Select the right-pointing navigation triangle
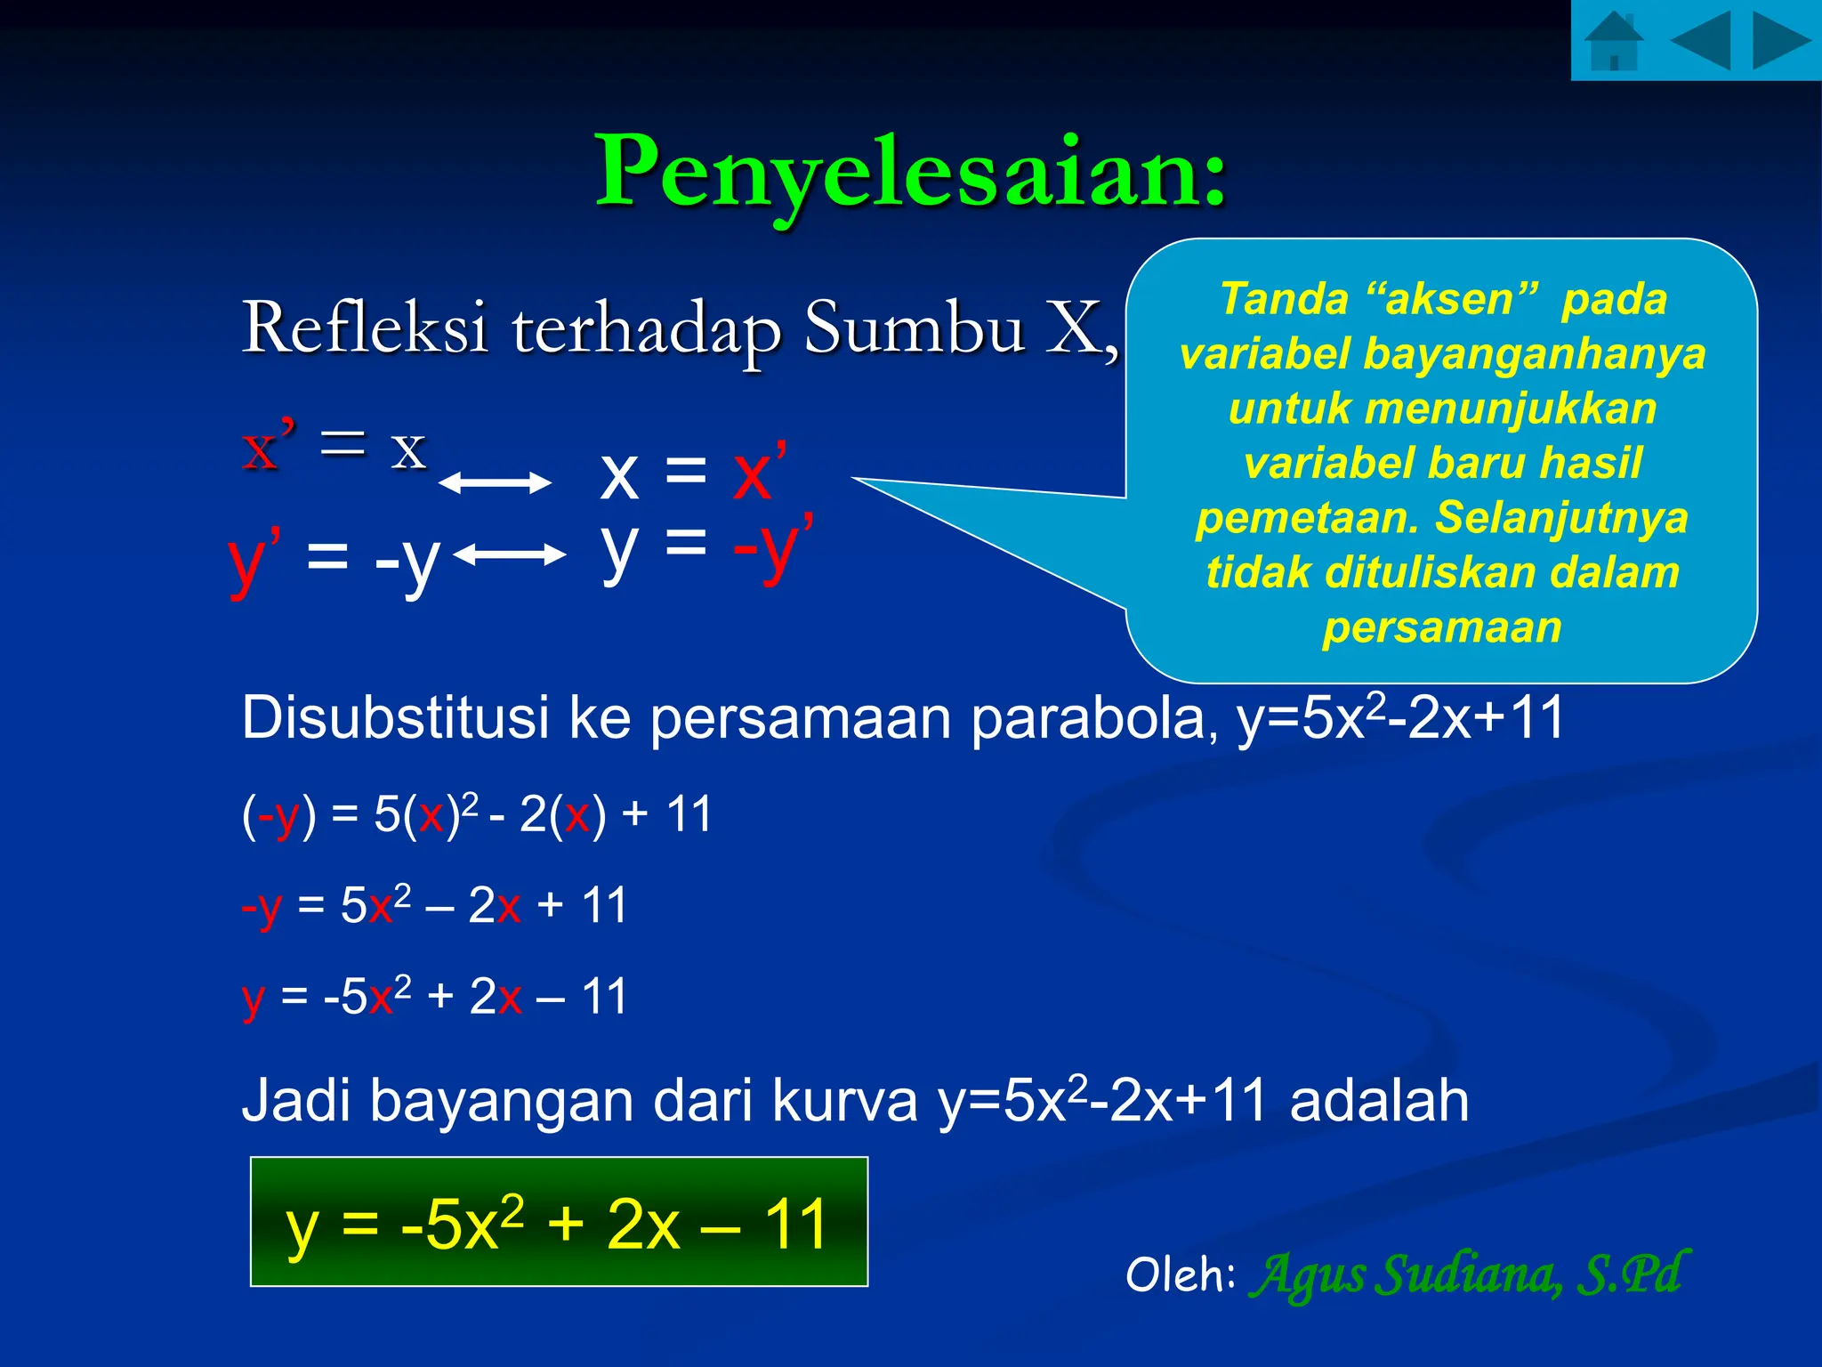click(1780, 41)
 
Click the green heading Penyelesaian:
click(911, 171)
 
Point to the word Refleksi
click(365, 328)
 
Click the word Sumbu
click(915, 328)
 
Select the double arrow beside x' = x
click(495, 483)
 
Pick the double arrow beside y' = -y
click(509, 555)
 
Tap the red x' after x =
click(758, 472)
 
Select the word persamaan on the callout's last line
click(1441, 627)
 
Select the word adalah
click(1379, 1101)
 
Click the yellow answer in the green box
click(558, 1224)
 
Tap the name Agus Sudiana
click(1406, 1274)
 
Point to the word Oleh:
click(1180, 1274)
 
